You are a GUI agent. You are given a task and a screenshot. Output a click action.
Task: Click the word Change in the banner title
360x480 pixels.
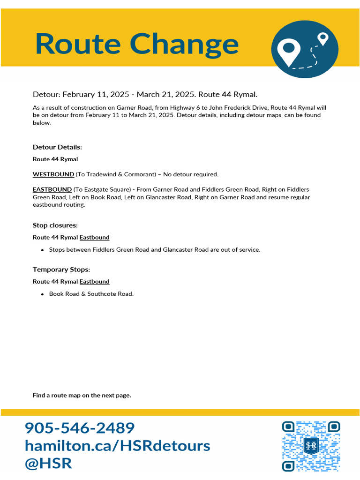pos(184,44)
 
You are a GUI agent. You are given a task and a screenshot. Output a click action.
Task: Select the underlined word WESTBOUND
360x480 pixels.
pos(53,174)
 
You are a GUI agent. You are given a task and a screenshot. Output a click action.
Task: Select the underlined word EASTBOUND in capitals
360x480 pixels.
pos(52,189)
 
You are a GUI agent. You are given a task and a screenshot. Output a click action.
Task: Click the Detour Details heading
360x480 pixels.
pos(57,147)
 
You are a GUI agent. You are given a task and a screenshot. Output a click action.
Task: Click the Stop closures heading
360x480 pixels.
pos(55,225)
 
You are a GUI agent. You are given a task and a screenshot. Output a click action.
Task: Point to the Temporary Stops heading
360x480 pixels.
pos(61,270)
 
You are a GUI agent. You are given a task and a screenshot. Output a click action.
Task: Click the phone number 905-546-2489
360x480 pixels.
pos(80,427)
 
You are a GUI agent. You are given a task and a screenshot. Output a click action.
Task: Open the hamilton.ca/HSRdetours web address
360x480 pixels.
pos(117,445)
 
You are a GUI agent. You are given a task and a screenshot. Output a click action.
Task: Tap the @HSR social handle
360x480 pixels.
pos(48,463)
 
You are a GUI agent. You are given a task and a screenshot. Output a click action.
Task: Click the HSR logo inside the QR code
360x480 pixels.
pos(311,446)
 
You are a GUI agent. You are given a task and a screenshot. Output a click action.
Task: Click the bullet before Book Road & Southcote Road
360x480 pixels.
pos(43,294)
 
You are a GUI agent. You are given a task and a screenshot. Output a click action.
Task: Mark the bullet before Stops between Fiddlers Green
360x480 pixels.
pos(43,250)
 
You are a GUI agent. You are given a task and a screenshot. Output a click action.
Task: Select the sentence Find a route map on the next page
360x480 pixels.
pos(82,396)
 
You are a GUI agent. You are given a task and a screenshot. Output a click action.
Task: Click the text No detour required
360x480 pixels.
pos(191,174)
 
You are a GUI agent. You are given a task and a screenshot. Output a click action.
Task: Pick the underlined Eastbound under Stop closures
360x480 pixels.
pos(94,238)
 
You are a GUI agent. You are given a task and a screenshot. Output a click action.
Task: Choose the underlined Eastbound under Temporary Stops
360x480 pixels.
pos(94,282)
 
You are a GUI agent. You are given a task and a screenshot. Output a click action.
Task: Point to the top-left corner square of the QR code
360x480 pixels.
pos(288,427)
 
